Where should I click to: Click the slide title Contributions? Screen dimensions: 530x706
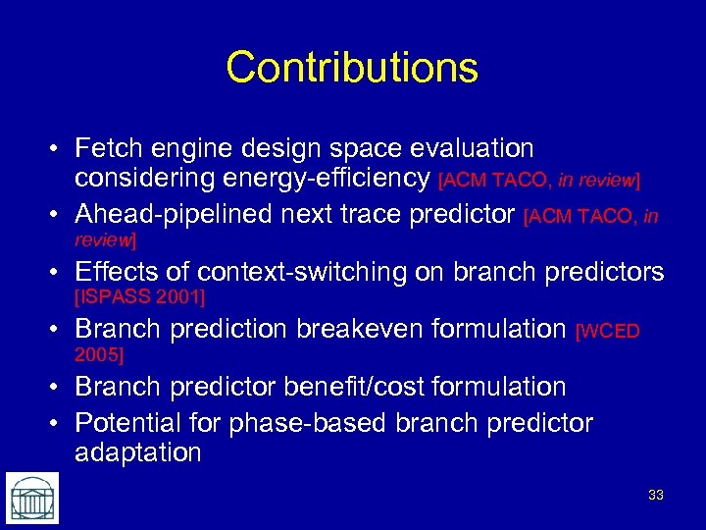pos(352,68)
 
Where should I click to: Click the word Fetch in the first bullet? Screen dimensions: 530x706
pos(108,149)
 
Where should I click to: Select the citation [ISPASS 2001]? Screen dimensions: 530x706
pos(139,295)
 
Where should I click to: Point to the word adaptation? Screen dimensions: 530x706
pos(137,452)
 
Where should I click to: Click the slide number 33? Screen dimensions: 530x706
pos(655,496)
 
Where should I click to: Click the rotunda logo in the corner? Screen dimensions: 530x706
pos(31,498)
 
